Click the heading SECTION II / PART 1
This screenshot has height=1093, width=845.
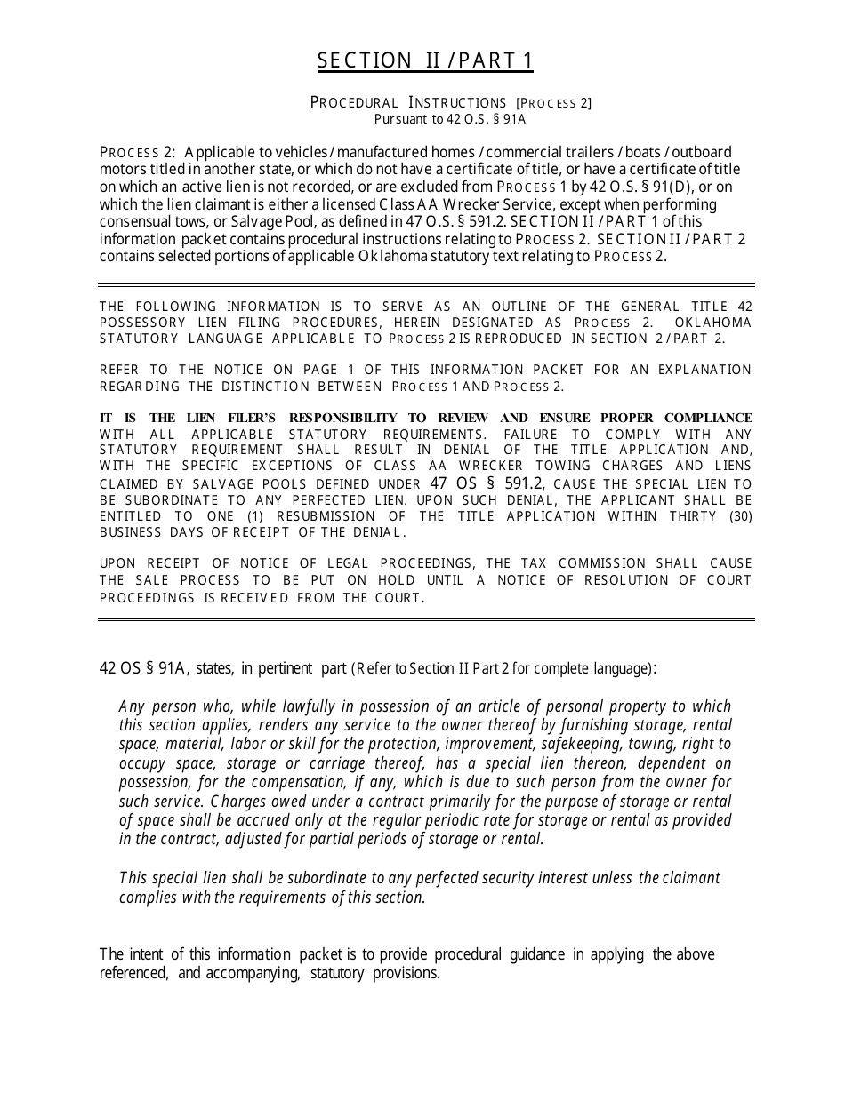[x=425, y=60]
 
